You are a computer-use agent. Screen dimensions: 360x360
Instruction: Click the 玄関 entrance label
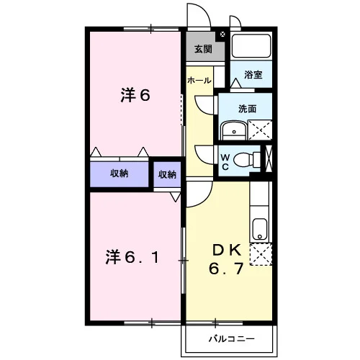203,49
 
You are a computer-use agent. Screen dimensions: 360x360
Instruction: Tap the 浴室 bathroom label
253,75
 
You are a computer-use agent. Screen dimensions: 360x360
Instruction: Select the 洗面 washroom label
247,109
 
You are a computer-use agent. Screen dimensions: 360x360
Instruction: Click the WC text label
225,163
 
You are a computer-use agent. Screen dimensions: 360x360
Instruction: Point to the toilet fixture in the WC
247,159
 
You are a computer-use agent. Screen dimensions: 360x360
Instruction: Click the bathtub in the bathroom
251,45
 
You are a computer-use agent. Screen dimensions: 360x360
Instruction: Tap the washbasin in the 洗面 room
234,130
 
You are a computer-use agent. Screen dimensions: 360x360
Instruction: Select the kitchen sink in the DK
260,229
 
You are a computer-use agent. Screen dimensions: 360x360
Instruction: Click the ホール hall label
199,81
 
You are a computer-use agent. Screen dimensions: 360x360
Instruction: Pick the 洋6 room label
135,95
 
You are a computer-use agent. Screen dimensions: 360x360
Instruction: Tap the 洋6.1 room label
132,257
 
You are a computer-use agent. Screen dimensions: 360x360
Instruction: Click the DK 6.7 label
227,259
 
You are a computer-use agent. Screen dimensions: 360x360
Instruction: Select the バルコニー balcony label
231,339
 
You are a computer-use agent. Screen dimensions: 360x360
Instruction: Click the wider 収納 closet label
120,174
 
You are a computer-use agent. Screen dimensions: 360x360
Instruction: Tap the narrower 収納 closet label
167,174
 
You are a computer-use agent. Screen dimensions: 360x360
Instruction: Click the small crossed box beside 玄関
222,35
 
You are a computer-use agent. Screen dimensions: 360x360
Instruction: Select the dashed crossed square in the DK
261,254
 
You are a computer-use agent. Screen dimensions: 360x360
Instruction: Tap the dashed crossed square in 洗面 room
260,130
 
